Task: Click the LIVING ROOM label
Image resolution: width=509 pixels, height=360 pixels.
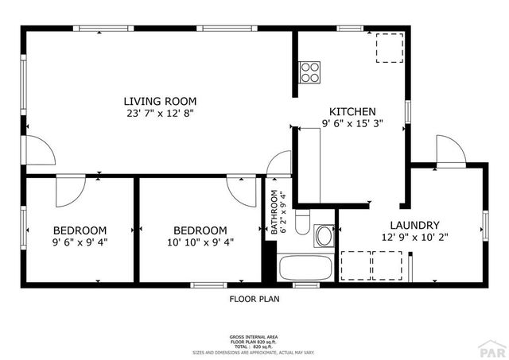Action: [159, 101]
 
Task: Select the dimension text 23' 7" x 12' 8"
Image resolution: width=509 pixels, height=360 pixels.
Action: [159, 114]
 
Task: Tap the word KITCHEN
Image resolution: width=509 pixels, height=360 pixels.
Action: [348, 111]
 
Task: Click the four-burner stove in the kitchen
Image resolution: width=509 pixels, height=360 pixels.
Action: [310, 72]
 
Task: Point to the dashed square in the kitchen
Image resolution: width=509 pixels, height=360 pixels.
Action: [388, 49]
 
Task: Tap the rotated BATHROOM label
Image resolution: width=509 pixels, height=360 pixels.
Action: [274, 213]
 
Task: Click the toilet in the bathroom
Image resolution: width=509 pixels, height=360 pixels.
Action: [301, 223]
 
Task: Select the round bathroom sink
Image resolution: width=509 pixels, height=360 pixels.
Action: [324, 236]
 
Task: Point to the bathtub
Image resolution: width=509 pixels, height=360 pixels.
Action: [306, 267]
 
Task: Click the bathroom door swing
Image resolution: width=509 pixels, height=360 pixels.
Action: [279, 163]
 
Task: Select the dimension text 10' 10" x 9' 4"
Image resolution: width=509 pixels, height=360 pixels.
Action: [200, 243]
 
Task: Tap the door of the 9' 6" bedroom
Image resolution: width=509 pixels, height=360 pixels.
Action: [70, 191]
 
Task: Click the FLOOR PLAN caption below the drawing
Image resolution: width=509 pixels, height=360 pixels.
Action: [254, 300]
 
